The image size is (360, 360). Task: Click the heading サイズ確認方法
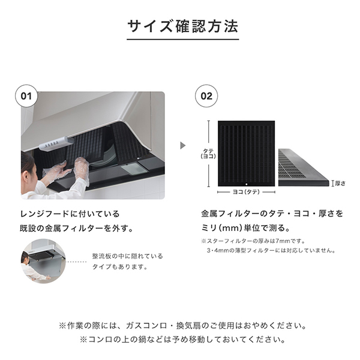click(x=183, y=26)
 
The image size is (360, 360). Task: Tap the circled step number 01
click(x=26, y=96)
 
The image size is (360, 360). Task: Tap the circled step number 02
click(x=206, y=96)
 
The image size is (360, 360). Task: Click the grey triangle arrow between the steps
click(x=183, y=145)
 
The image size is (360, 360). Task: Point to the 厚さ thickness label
click(x=340, y=183)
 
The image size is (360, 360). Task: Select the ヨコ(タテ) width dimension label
click(x=247, y=192)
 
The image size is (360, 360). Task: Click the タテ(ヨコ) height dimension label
click(x=208, y=154)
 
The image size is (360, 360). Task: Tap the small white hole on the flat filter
click(x=247, y=184)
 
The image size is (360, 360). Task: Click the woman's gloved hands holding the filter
click(x=66, y=169)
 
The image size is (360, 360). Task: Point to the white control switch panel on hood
click(x=56, y=143)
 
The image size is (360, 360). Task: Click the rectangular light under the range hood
click(x=134, y=169)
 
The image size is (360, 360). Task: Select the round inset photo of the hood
click(x=43, y=261)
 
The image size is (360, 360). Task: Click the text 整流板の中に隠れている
click(x=128, y=256)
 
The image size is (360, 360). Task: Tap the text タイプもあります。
click(x=120, y=267)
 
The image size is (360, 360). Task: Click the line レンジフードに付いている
click(x=70, y=214)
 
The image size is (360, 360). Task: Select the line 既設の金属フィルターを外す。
click(x=77, y=229)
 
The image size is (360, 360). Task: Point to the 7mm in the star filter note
click(x=283, y=241)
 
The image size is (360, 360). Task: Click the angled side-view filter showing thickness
click(x=304, y=167)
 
